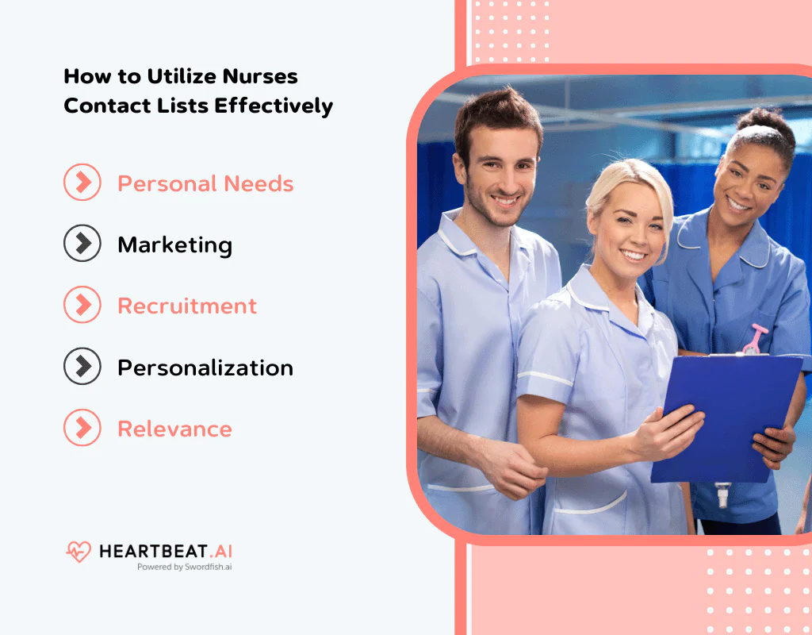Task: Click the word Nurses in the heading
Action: point(259,77)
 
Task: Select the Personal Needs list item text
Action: point(205,184)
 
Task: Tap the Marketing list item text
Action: point(174,244)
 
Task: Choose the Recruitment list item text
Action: point(187,306)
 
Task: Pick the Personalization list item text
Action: point(205,368)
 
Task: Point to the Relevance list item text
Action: point(174,429)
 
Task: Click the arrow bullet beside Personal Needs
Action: point(82,183)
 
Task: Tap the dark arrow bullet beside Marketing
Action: point(82,244)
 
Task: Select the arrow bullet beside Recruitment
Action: point(82,306)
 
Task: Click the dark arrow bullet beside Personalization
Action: point(82,367)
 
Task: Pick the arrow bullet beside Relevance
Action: point(82,429)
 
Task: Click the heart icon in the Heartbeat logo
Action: point(79,552)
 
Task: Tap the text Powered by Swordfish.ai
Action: point(184,568)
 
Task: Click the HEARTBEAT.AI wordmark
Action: point(166,551)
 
